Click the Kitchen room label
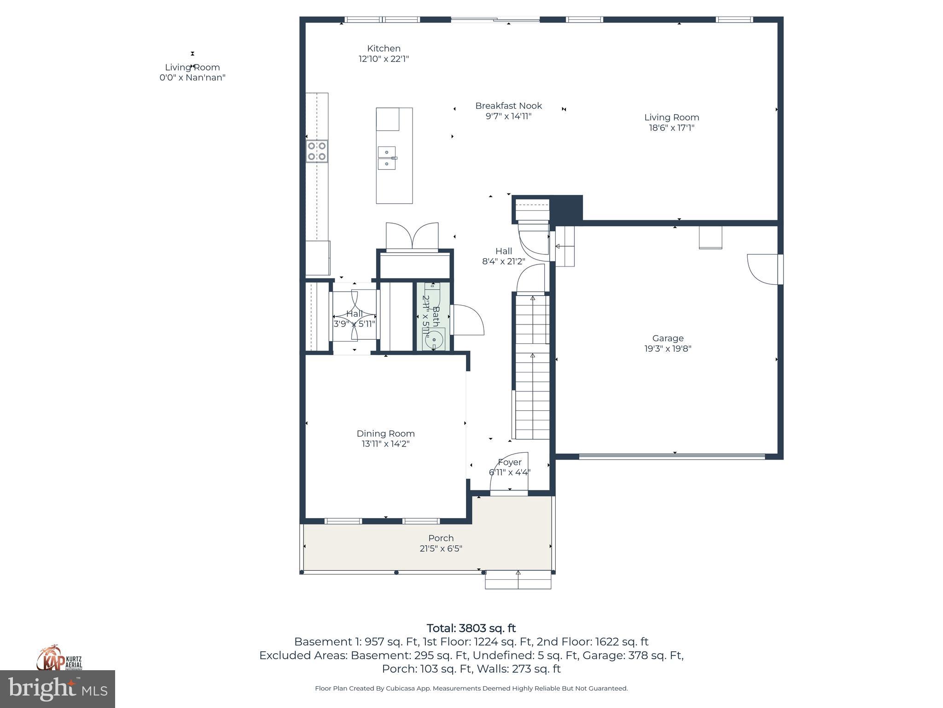click(x=384, y=48)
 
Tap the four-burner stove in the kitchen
click(x=317, y=151)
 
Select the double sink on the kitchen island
click(x=387, y=158)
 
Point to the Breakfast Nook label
click(x=508, y=106)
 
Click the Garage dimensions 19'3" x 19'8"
click(x=668, y=349)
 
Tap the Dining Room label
click(x=385, y=434)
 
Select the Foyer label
click(x=510, y=462)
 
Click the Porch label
click(x=441, y=538)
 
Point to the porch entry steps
click(x=518, y=580)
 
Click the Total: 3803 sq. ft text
click(x=471, y=628)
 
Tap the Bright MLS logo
click(x=58, y=689)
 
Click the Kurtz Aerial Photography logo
click(x=59, y=658)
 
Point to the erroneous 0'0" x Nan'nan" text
click(x=192, y=78)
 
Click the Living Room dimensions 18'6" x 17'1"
click(x=671, y=128)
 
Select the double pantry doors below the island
click(x=412, y=237)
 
